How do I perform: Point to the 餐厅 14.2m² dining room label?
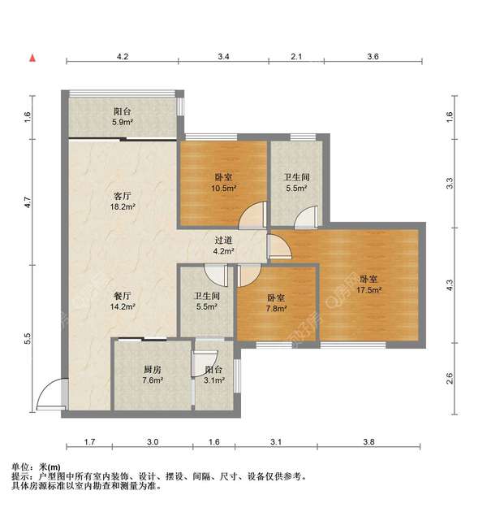pos(123,302)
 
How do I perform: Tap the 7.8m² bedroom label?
pos(276,302)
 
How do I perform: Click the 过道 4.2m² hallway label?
pos(223,246)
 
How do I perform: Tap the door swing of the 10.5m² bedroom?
pos(255,215)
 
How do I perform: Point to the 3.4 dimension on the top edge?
pos(224,57)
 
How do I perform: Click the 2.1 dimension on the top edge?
pos(296,57)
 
